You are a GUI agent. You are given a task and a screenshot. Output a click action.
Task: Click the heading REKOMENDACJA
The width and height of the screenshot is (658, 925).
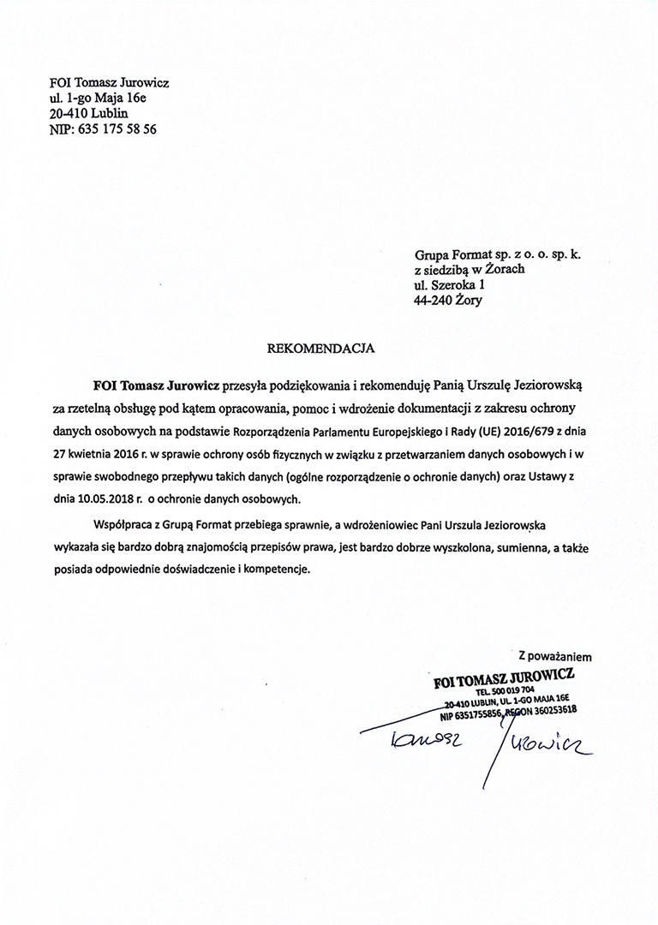point(322,349)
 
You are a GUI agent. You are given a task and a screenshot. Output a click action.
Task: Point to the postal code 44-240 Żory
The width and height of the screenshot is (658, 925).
point(453,301)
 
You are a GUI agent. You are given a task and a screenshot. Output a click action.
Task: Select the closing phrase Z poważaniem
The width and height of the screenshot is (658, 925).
point(555,656)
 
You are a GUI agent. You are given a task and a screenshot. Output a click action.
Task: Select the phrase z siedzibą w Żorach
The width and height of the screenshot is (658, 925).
point(470,270)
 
